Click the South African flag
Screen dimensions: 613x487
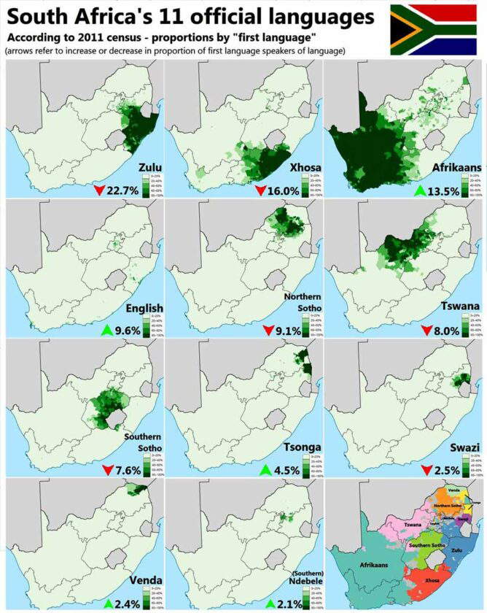click(x=436, y=29)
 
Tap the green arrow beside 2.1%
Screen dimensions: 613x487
click(x=270, y=603)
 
